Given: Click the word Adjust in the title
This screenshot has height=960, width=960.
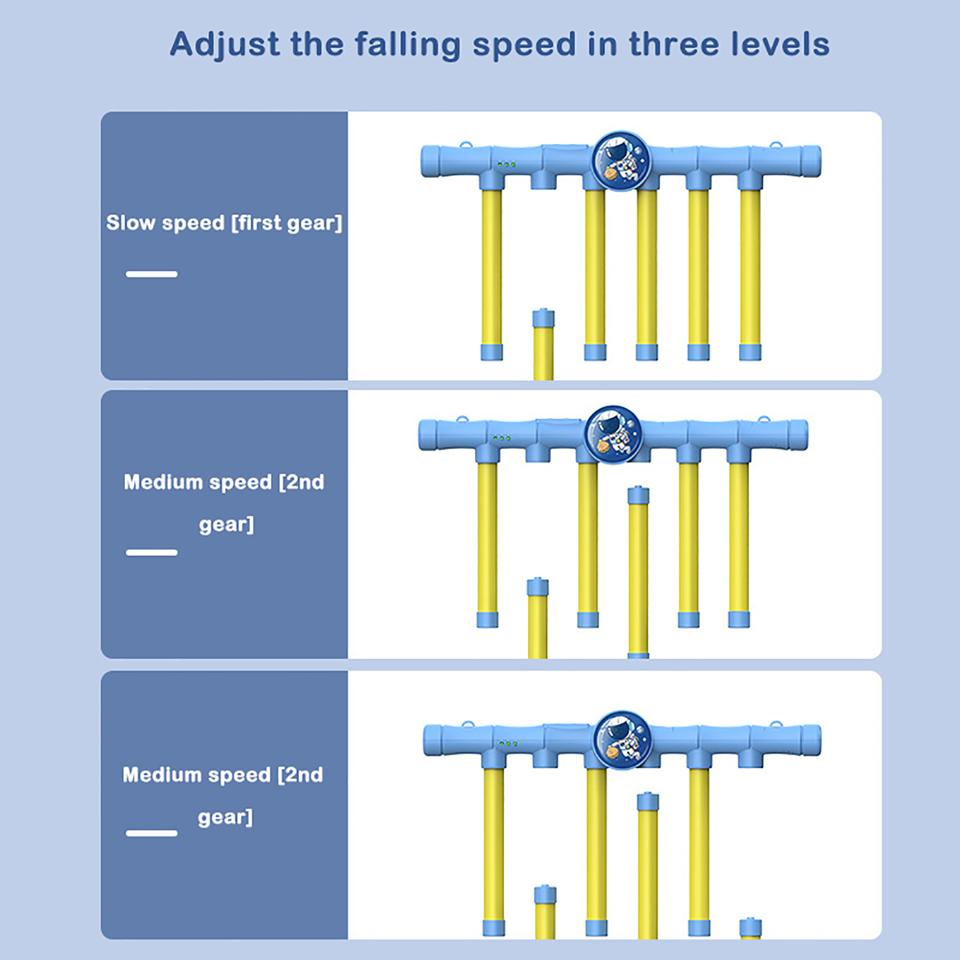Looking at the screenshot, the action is [x=225, y=45].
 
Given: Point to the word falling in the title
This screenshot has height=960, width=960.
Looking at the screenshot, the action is [x=407, y=45].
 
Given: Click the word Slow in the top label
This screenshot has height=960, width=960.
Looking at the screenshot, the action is [x=131, y=223].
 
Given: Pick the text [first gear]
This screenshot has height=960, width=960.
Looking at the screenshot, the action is [x=287, y=223].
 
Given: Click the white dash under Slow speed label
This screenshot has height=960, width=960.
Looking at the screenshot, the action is [x=152, y=274].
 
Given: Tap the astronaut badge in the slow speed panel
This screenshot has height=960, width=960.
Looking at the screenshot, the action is [x=620, y=161].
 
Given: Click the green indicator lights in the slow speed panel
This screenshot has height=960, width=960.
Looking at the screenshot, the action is [x=506, y=164].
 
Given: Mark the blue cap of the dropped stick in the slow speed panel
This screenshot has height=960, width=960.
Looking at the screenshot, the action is [x=544, y=318].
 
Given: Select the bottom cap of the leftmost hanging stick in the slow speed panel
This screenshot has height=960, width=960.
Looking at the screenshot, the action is [x=491, y=352].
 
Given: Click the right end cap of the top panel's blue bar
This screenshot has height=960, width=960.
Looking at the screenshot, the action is [x=811, y=161].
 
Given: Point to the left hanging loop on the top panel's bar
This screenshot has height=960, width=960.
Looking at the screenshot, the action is [x=466, y=145].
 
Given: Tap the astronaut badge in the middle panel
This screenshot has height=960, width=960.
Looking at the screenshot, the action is [x=614, y=434].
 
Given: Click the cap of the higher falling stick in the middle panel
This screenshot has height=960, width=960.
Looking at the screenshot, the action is [x=638, y=496].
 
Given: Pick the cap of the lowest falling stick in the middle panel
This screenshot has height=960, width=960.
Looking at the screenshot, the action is [x=538, y=587].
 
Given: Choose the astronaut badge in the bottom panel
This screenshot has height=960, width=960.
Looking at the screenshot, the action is [x=622, y=740].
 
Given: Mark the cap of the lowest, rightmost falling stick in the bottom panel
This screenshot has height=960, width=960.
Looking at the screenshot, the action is [x=751, y=928].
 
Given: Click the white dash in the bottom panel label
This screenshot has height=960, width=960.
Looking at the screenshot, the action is [x=152, y=833].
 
